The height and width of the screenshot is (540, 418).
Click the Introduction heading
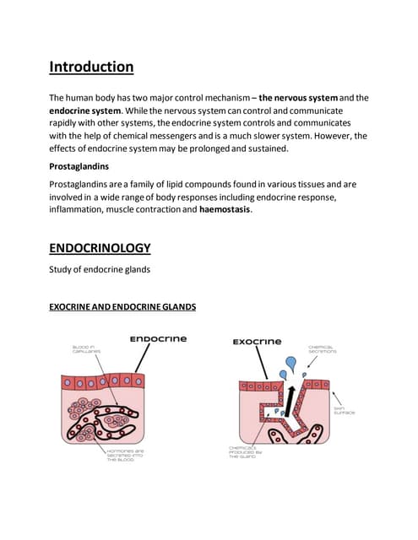91,66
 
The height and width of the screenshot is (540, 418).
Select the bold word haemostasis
225,210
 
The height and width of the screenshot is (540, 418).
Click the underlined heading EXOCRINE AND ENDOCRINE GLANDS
122,308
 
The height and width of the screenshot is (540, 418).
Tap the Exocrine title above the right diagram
258,342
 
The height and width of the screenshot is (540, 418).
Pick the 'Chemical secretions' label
323,348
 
